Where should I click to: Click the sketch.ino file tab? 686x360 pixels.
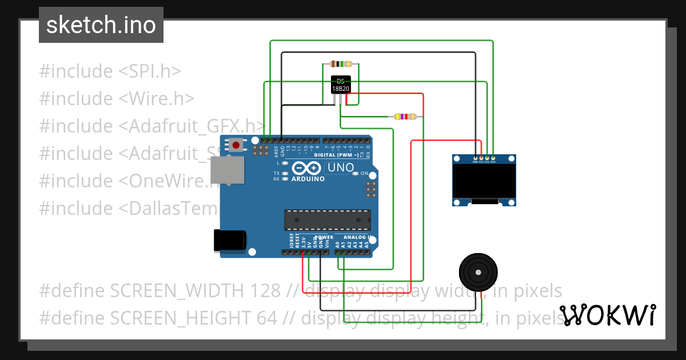[x=101, y=25]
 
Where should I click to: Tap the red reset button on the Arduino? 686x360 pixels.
[x=236, y=145]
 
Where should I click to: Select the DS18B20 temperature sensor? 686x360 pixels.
[x=341, y=85]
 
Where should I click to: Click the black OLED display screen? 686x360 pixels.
[x=484, y=181]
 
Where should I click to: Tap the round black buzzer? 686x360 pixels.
[x=479, y=273]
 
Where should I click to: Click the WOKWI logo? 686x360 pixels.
[x=607, y=315]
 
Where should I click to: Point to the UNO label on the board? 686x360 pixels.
[x=340, y=168]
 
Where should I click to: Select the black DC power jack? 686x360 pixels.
[x=229, y=240]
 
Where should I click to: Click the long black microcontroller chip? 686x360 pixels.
[x=328, y=220]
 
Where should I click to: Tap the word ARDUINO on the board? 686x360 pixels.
[x=308, y=179]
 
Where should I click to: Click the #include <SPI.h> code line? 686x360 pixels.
[x=110, y=71]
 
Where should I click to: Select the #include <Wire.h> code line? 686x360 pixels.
[x=117, y=99]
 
